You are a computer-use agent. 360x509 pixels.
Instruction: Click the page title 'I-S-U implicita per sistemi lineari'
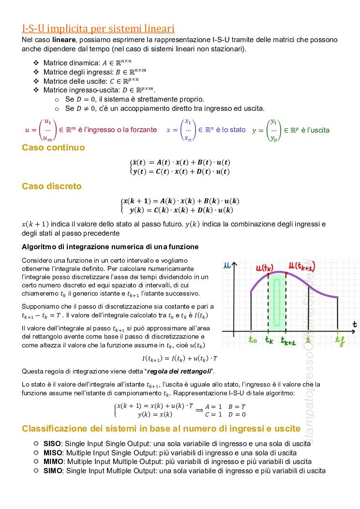(98, 28)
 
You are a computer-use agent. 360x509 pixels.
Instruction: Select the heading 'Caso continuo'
(53, 148)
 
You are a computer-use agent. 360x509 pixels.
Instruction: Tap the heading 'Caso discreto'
(52, 186)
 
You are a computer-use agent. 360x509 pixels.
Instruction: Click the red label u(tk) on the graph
(265, 268)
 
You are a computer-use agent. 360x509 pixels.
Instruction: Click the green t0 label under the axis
(253, 340)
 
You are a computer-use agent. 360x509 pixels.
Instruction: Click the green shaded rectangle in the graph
(277, 302)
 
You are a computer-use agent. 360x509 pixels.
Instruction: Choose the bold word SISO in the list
(52, 443)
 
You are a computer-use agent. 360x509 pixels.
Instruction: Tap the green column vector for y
(274, 130)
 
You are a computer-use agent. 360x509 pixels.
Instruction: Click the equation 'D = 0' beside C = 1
(237, 414)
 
